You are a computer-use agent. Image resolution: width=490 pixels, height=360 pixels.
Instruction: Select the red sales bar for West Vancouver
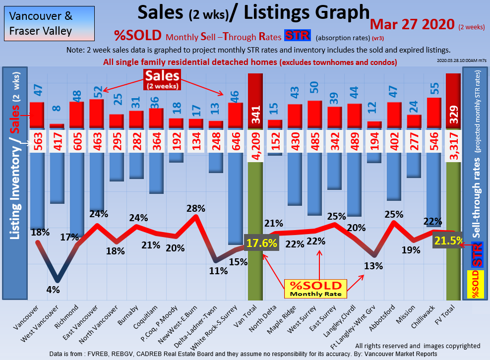57,126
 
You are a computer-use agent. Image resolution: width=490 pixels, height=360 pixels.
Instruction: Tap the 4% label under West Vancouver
53,290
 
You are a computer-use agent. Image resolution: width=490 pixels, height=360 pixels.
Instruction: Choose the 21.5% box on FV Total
448,240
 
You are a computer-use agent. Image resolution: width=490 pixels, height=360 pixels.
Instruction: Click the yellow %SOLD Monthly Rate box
315,289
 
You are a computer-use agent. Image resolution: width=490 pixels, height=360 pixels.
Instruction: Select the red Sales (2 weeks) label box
162,79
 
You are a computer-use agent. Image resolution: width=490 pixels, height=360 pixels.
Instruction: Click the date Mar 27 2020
413,24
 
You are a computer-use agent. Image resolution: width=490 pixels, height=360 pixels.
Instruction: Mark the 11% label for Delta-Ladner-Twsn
218,271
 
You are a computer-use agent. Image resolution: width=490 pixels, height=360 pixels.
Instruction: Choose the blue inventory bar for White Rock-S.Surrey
236,198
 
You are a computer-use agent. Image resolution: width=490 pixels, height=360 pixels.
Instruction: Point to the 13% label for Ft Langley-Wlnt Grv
373,265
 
